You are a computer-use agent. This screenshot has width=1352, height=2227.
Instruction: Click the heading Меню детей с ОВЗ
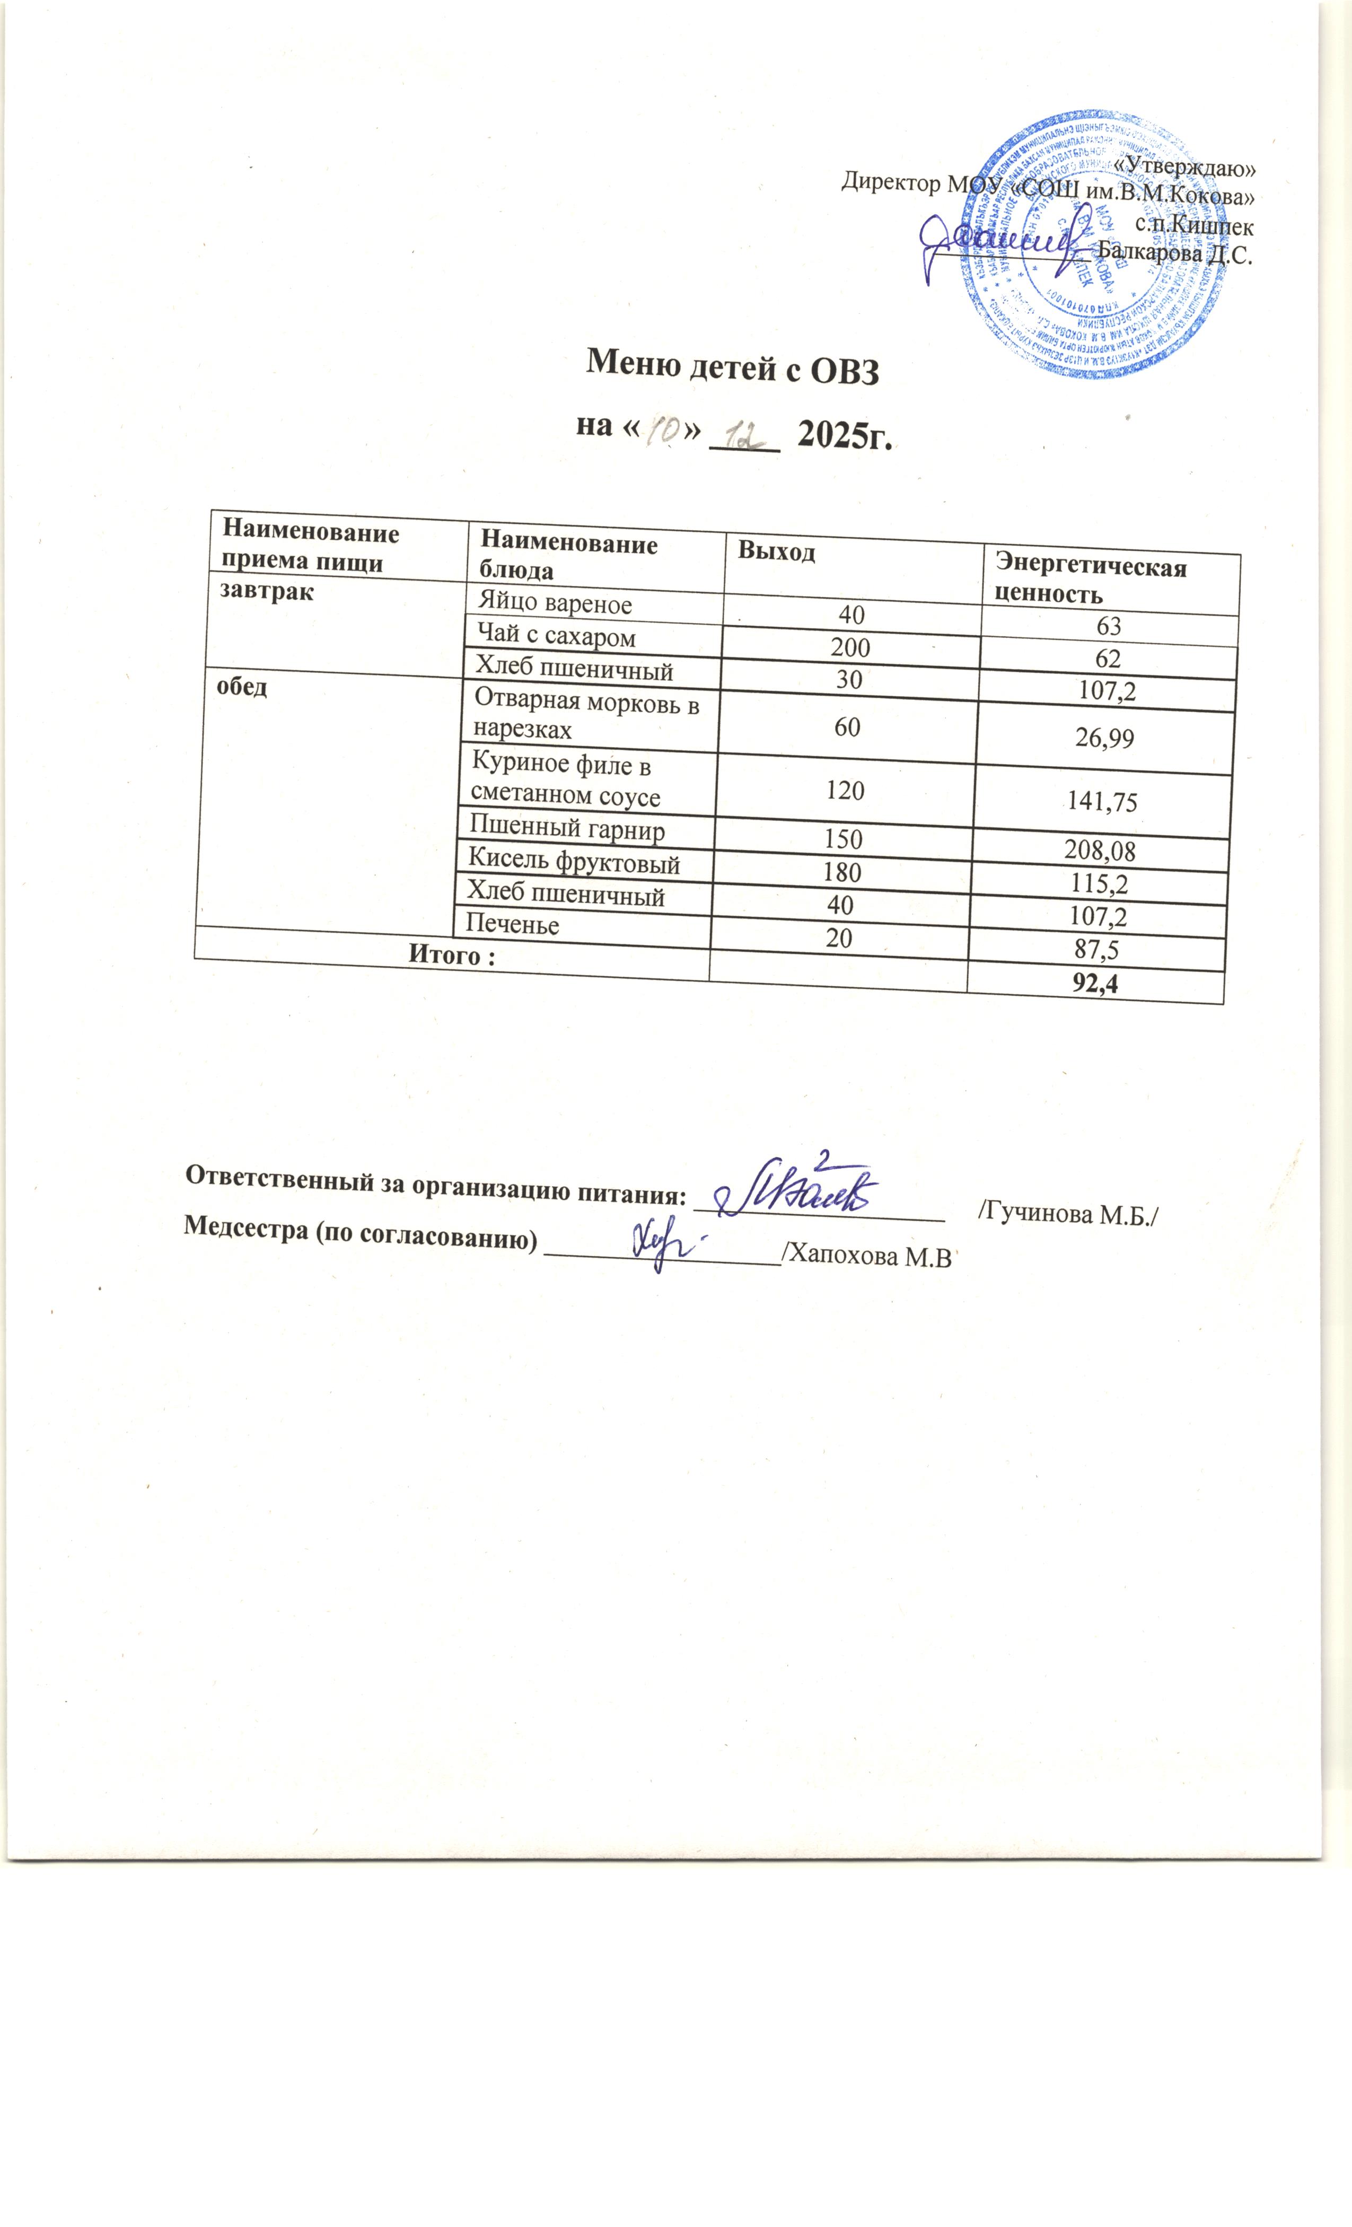(732, 369)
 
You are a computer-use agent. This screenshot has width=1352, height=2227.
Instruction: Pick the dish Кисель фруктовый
(573, 863)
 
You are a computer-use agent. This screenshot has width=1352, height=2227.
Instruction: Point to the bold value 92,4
(1095, 984)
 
